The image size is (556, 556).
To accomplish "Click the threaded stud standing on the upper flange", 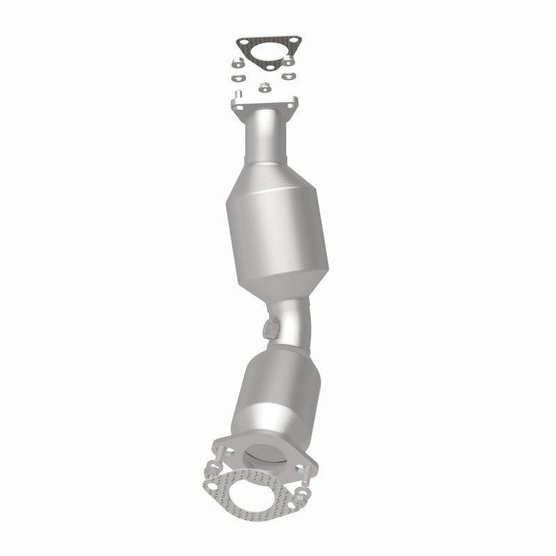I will [238, 94].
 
